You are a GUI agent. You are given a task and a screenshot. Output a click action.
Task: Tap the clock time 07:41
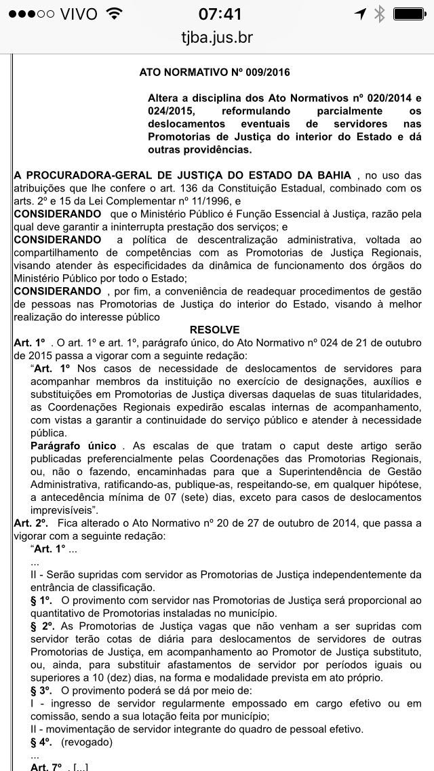pos(217,14)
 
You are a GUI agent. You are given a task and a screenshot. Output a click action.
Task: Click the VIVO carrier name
pos(78,14)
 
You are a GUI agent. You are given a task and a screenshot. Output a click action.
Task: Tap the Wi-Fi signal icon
pos(114,14)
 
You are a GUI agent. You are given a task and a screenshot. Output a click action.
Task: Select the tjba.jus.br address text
pos(217,38)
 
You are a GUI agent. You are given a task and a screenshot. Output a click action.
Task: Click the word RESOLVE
pos(214,330)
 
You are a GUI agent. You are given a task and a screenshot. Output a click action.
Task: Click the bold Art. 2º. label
pos(31,523)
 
